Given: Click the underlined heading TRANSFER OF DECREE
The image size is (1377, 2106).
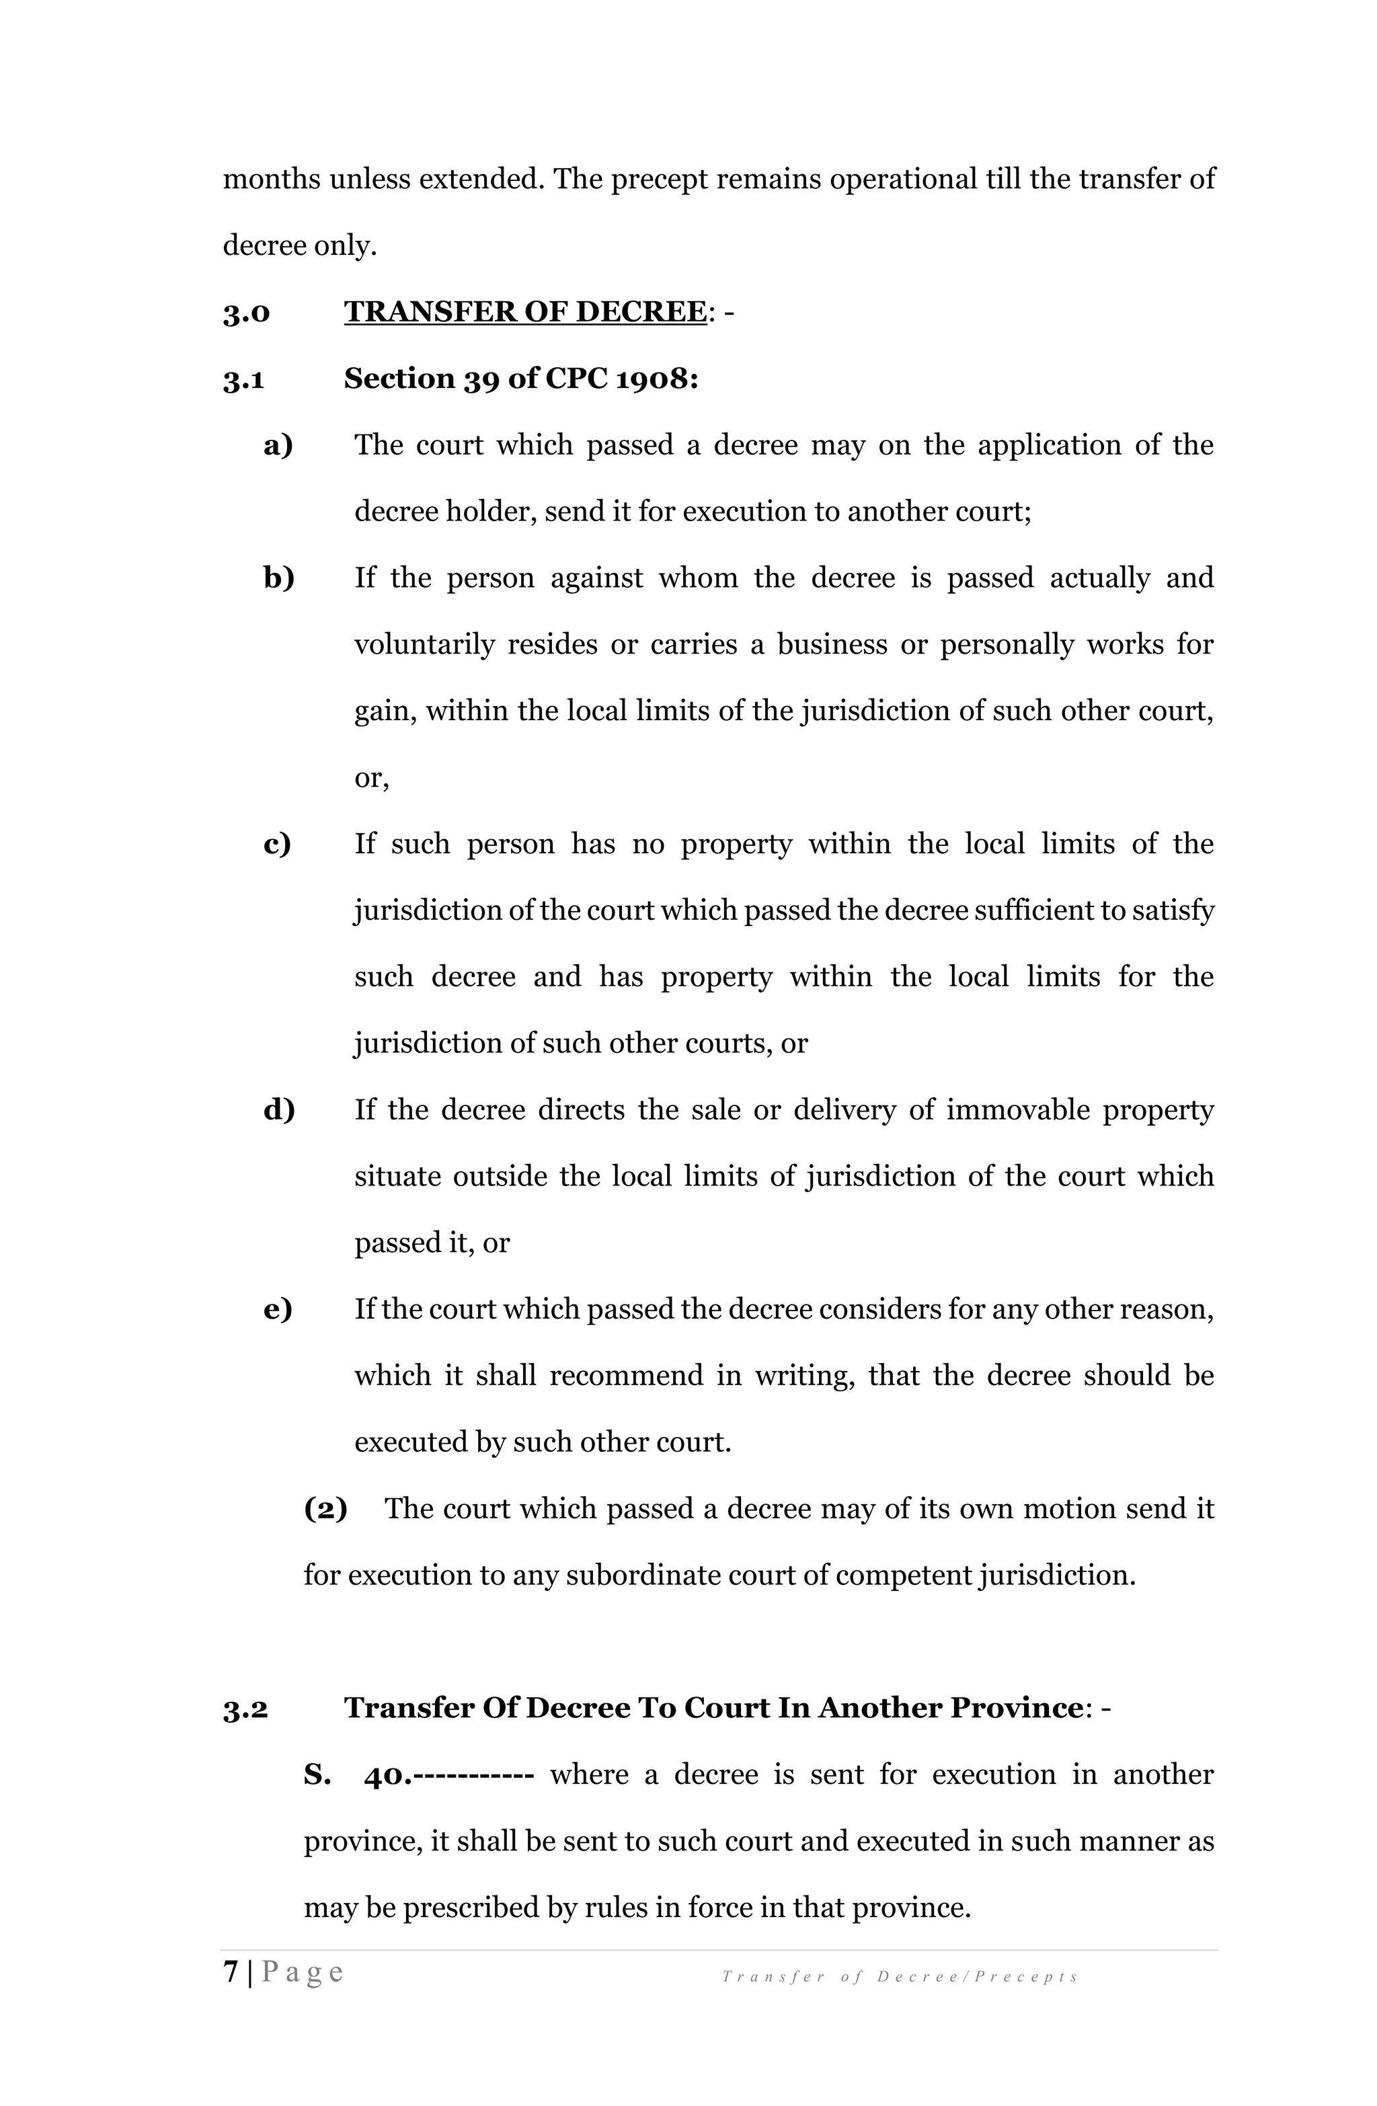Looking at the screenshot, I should click(x=525, y=313).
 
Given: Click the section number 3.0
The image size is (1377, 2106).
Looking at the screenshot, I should click(x=246, y=313).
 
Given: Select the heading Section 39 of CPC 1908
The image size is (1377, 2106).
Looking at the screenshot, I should click(x=520, y=379).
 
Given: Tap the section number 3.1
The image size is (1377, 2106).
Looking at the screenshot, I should click(x=243, y=380).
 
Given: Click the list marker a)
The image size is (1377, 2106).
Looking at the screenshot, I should click(x=278, y=445).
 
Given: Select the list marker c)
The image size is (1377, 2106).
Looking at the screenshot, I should click(x=277, y=843).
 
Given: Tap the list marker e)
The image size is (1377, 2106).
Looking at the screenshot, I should click(x=278, y=1309).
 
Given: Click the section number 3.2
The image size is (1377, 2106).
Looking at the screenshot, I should click(x=245, y=1708).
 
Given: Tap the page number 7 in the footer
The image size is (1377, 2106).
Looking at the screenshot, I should click(x=231, y=1972).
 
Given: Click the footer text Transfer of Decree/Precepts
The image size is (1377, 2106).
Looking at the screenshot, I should click(x=899, y=1977).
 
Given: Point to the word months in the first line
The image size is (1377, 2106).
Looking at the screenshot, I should click(x=271, y=180).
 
